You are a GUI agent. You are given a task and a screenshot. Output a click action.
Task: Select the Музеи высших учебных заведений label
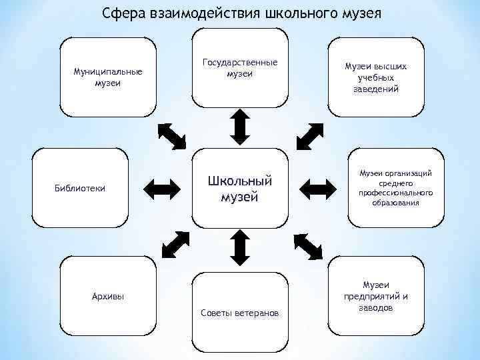click(376, 78)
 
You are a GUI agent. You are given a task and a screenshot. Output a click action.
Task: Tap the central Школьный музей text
click(240, 189)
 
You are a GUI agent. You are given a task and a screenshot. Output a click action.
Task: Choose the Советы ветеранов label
click(240, 313)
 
